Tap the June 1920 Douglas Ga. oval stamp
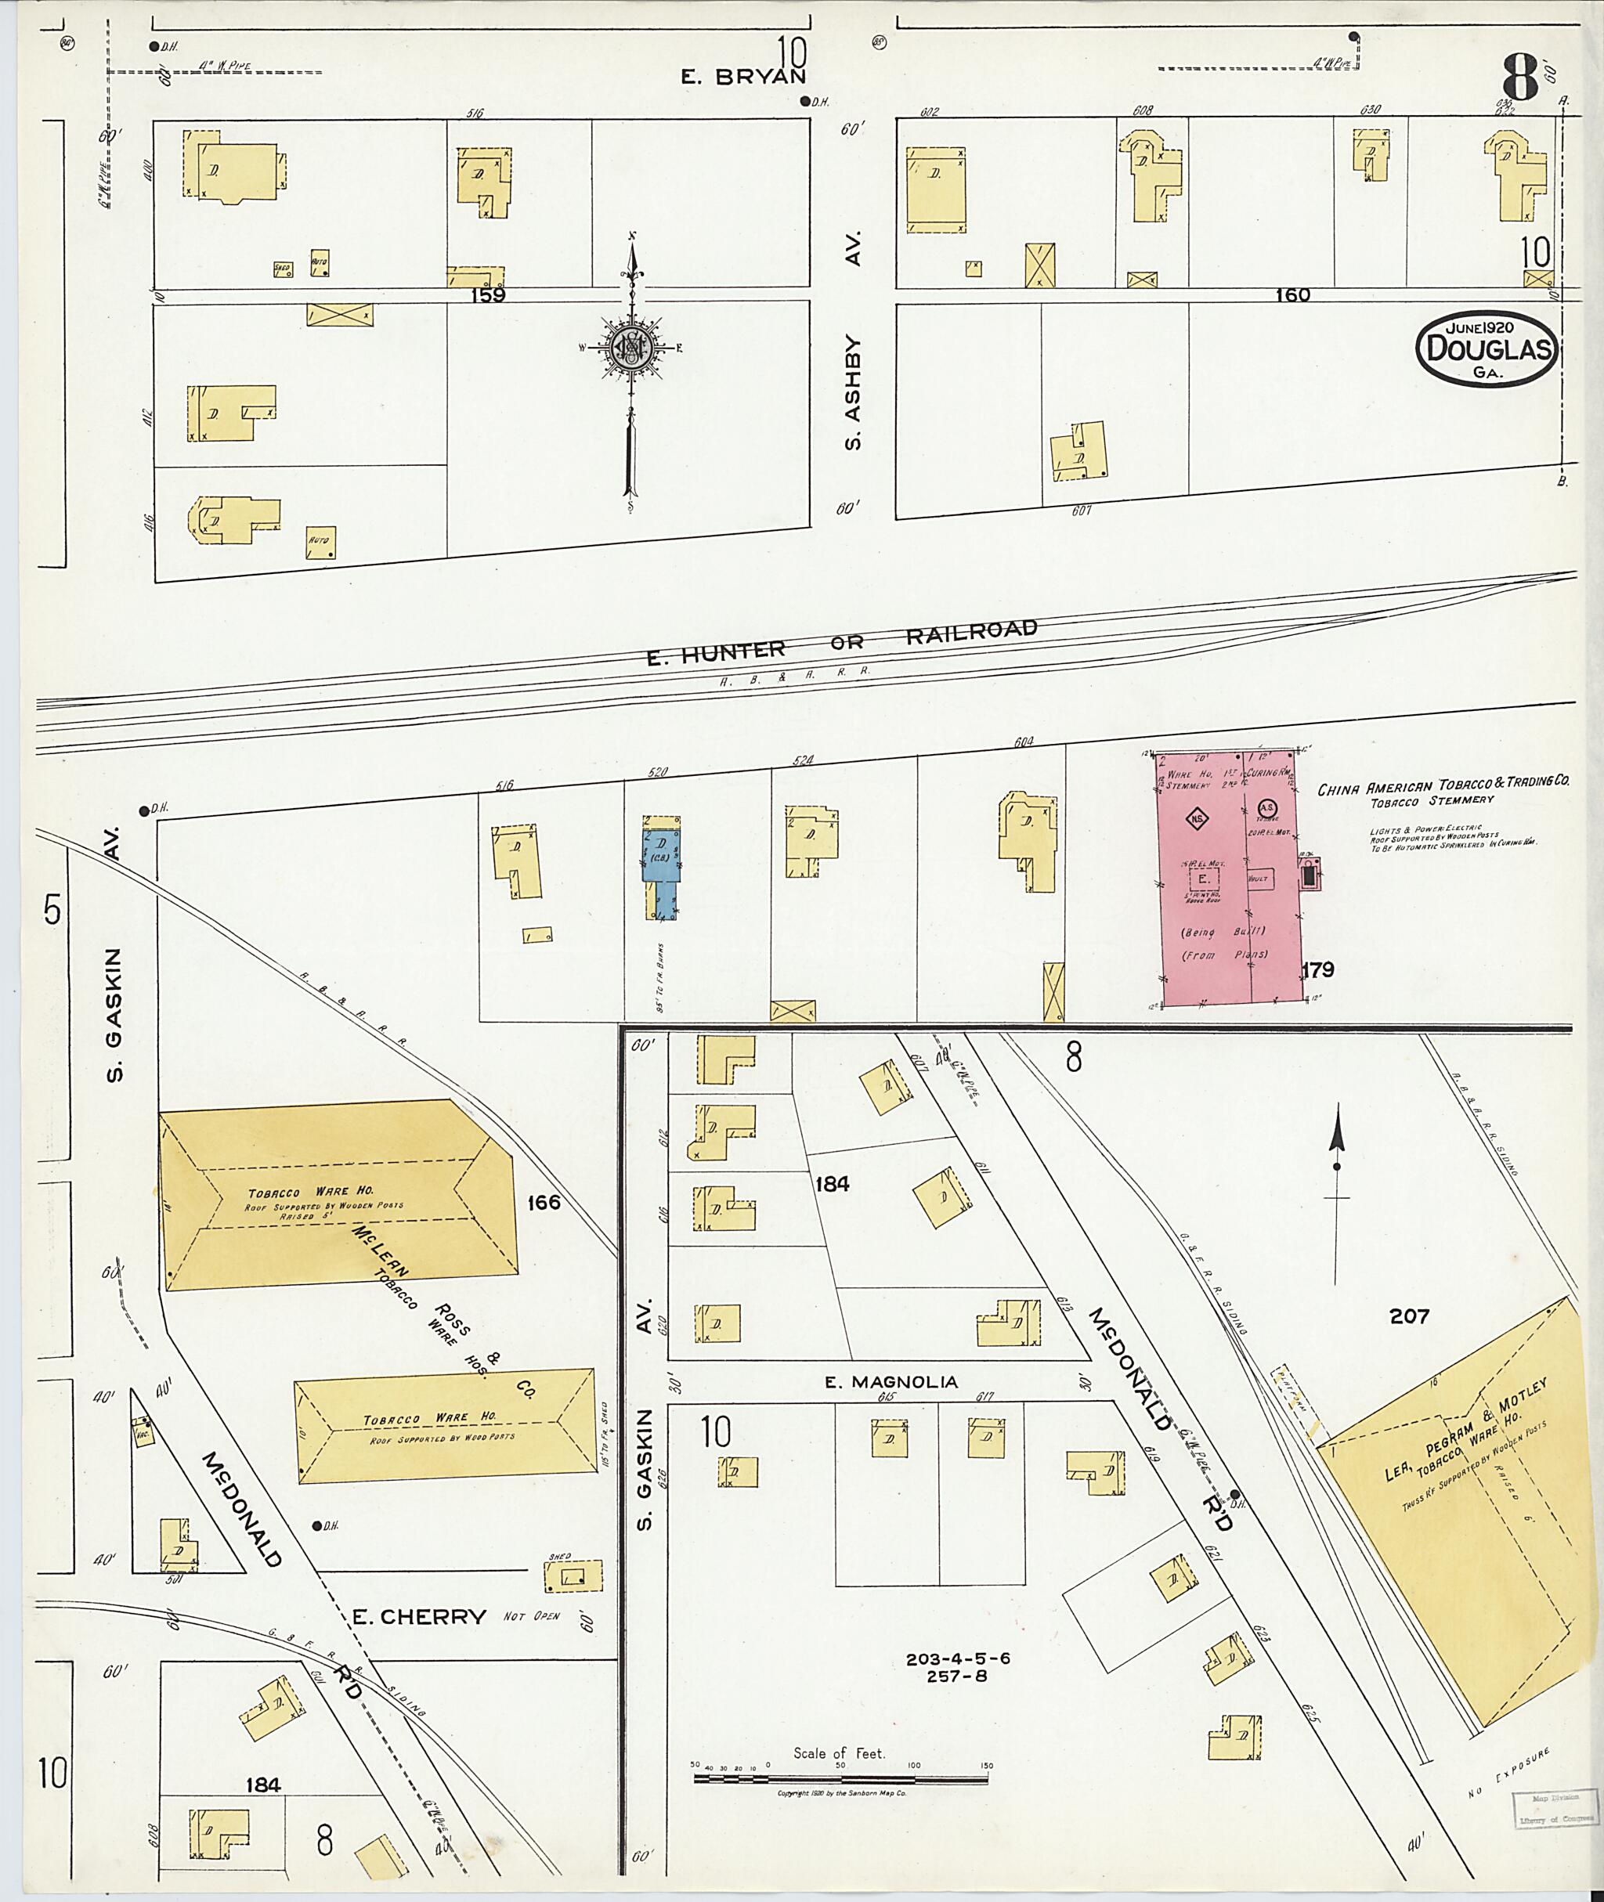click(x=1487, y=348)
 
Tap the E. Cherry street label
click(x=419, y=1615)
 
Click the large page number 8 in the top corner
click(x=1520, y=78)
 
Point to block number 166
click(x=544, y=1203)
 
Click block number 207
click(x=1408, y=1315)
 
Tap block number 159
click(x=487, y=294)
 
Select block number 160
click(x=1292, y=294)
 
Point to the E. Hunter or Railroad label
click(x=841, y=643)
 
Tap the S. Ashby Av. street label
click(x=852, y=341)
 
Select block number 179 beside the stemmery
click(x=1317, y=970)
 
